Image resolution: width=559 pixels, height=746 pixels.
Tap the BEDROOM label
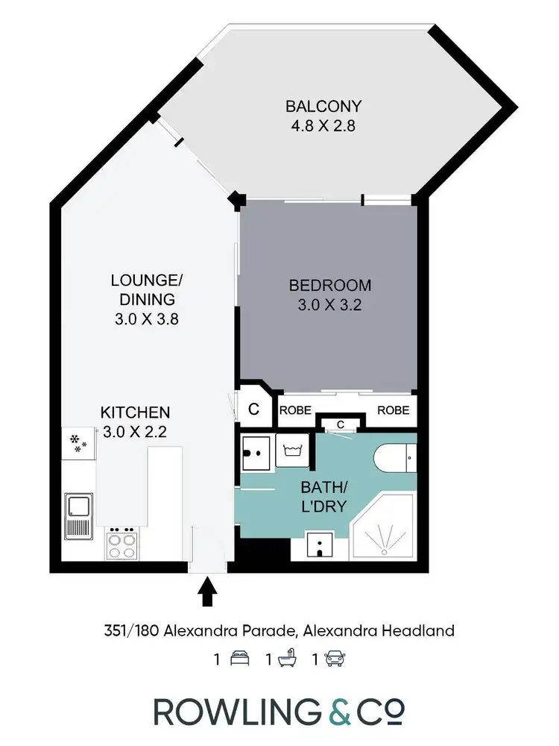pos(329,285)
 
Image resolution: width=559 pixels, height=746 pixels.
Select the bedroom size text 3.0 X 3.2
pos(329,304)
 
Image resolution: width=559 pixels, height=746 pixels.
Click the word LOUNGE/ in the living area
pos(146,280)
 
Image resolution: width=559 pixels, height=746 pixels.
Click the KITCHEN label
pos(136,412)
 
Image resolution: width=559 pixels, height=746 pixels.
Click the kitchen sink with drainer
pos(78,515)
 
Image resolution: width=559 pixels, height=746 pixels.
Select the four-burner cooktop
pos(122,542)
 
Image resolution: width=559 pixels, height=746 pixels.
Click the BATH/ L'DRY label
pos(323,498)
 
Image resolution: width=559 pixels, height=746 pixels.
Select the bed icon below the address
pos(239,659)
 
